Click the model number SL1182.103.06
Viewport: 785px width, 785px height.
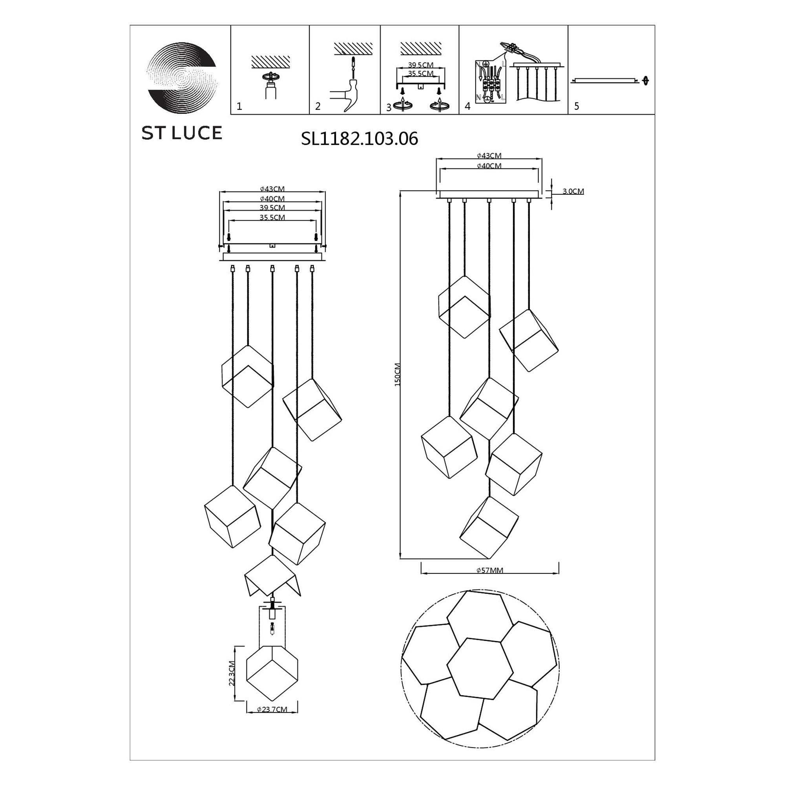[x=359, y=139]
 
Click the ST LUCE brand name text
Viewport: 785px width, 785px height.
[x=182, y=133]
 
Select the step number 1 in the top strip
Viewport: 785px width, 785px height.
[x=239, y=106]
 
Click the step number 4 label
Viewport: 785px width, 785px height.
[x=467, y=106]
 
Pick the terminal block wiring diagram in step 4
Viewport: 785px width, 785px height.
[x=490, y=83]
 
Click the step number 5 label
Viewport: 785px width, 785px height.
[x=577, y=106]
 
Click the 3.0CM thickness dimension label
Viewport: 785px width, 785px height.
[x=573, y=192]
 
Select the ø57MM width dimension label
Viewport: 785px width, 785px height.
[x=489, y=570]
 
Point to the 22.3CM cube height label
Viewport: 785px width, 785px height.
[x=232, y=672]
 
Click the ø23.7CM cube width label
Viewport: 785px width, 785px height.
[x=272, y=709]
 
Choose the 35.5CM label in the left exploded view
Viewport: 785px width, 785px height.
[x=272, y=217]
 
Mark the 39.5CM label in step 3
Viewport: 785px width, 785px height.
[x=420, y=66]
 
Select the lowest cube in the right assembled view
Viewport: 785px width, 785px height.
[x=489, y=527]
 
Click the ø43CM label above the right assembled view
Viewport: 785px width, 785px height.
[x=489, y=155]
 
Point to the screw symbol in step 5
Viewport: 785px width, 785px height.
[x=645, y=81]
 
